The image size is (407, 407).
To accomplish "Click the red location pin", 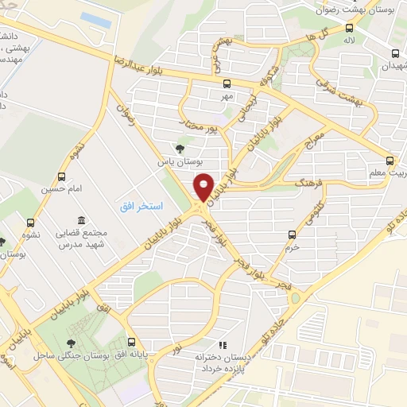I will coord(205,188).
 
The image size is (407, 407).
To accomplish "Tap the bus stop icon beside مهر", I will coord(227,83).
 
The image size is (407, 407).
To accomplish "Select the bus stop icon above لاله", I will coord(348,26).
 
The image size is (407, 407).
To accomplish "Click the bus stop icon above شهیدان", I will coord(395,53).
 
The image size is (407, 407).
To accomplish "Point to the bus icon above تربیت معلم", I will coord(390,160).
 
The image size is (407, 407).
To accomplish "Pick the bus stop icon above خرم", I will coord(293,234).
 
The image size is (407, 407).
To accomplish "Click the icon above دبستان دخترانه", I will coord(223,345).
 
